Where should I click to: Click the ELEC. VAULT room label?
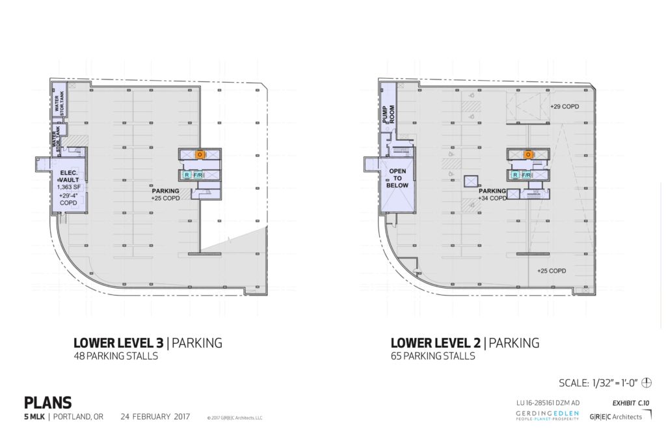(x=68, y=176)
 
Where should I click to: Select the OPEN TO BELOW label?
(x=397, y=178)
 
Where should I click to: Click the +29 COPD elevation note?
(x=564, y=106)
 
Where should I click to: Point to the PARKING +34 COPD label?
(x=492, y=195)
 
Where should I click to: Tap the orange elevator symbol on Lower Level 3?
(x=200, y=154)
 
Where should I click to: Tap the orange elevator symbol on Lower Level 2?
(x=528, y=154)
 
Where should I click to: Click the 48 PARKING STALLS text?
(x=116, y=356)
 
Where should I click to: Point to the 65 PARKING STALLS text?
(x=433, y=356)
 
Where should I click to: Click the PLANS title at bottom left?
(x=47, y=403)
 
